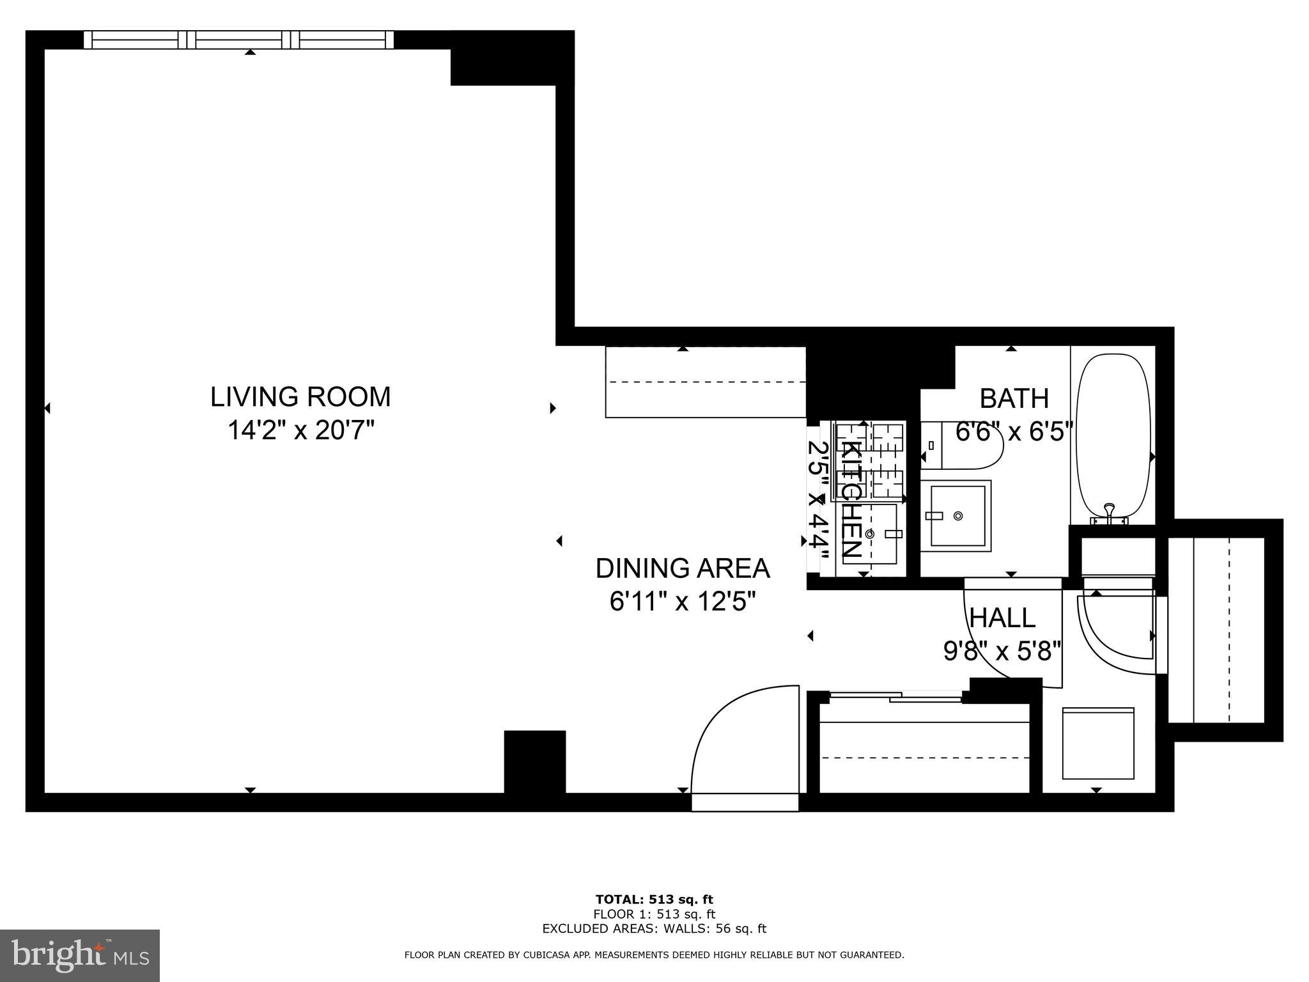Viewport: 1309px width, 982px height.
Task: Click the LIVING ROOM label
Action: (x=300, y=397)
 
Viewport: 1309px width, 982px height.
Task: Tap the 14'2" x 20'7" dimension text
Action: (x=300, y=430)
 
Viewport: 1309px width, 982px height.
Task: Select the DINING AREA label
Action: (x=683, y=568)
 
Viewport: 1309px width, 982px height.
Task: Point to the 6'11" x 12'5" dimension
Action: (x=683, y=602)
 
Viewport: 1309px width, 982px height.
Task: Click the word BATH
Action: (x=1014, y=399)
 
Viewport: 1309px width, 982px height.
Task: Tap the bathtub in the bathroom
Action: (x=1113, y=435)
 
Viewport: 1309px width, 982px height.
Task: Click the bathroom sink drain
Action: (x=957, y=515)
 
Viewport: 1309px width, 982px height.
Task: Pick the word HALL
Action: (x=1002, y=618)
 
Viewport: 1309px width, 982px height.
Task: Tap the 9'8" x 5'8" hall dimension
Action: (x=1002, y=651)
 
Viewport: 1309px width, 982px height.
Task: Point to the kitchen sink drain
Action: (x=869, y=533)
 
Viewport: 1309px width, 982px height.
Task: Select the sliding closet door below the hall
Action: (x=895, y=697)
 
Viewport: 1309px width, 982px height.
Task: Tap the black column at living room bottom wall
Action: (x=535, y=761)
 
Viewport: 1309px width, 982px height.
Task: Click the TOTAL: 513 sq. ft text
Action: (x=654, y=900)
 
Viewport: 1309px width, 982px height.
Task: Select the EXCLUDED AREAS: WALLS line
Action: (x=654, y=928)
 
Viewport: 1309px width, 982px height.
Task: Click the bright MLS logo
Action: (x=80, y=955)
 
